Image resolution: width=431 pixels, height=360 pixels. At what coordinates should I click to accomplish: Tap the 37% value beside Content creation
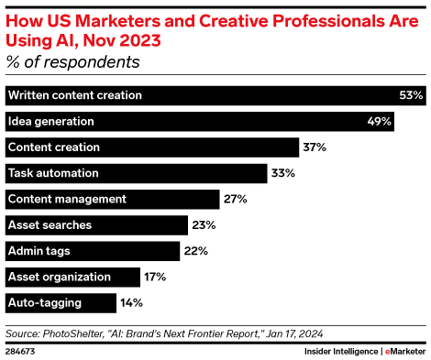tap(315, 147)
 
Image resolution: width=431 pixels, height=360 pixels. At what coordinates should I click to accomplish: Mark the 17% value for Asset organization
tap(156, 277)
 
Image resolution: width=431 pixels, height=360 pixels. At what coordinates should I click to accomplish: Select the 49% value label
tap(381, 121)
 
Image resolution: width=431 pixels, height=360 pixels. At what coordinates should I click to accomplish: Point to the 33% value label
tap(282, 173)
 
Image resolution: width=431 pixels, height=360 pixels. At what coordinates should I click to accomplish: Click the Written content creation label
tap(74, 95)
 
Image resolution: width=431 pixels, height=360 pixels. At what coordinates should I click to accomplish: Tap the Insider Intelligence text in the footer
tap(340, 351)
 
